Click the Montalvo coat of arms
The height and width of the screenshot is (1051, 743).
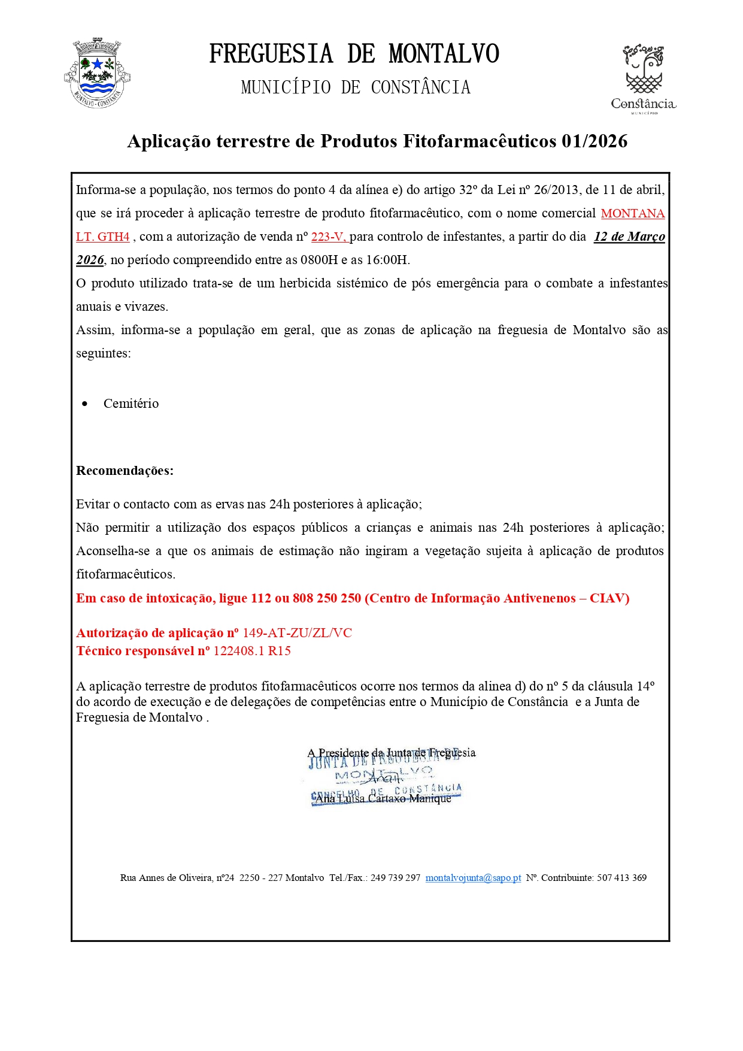(97, 74)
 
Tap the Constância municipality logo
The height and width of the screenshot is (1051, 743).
(643, 78)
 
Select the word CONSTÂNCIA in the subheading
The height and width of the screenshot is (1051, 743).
(420, 88)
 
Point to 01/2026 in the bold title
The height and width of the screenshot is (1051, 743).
(595, 141)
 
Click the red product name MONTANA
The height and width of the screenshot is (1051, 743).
(632, 214)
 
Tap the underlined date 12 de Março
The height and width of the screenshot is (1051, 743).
(629, 237)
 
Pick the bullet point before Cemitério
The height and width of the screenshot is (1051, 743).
(85, 404)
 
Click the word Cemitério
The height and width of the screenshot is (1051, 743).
(131, 404)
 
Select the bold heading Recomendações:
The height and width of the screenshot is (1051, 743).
(125, 471)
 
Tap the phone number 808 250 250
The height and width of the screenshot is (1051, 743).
(327, 598)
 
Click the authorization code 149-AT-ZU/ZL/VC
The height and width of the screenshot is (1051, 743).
(297, 633)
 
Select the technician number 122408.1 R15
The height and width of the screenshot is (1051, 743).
(252, 651)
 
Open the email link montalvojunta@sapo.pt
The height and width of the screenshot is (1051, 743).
(473, 878)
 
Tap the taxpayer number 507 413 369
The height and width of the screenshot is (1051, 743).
(621, 878)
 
